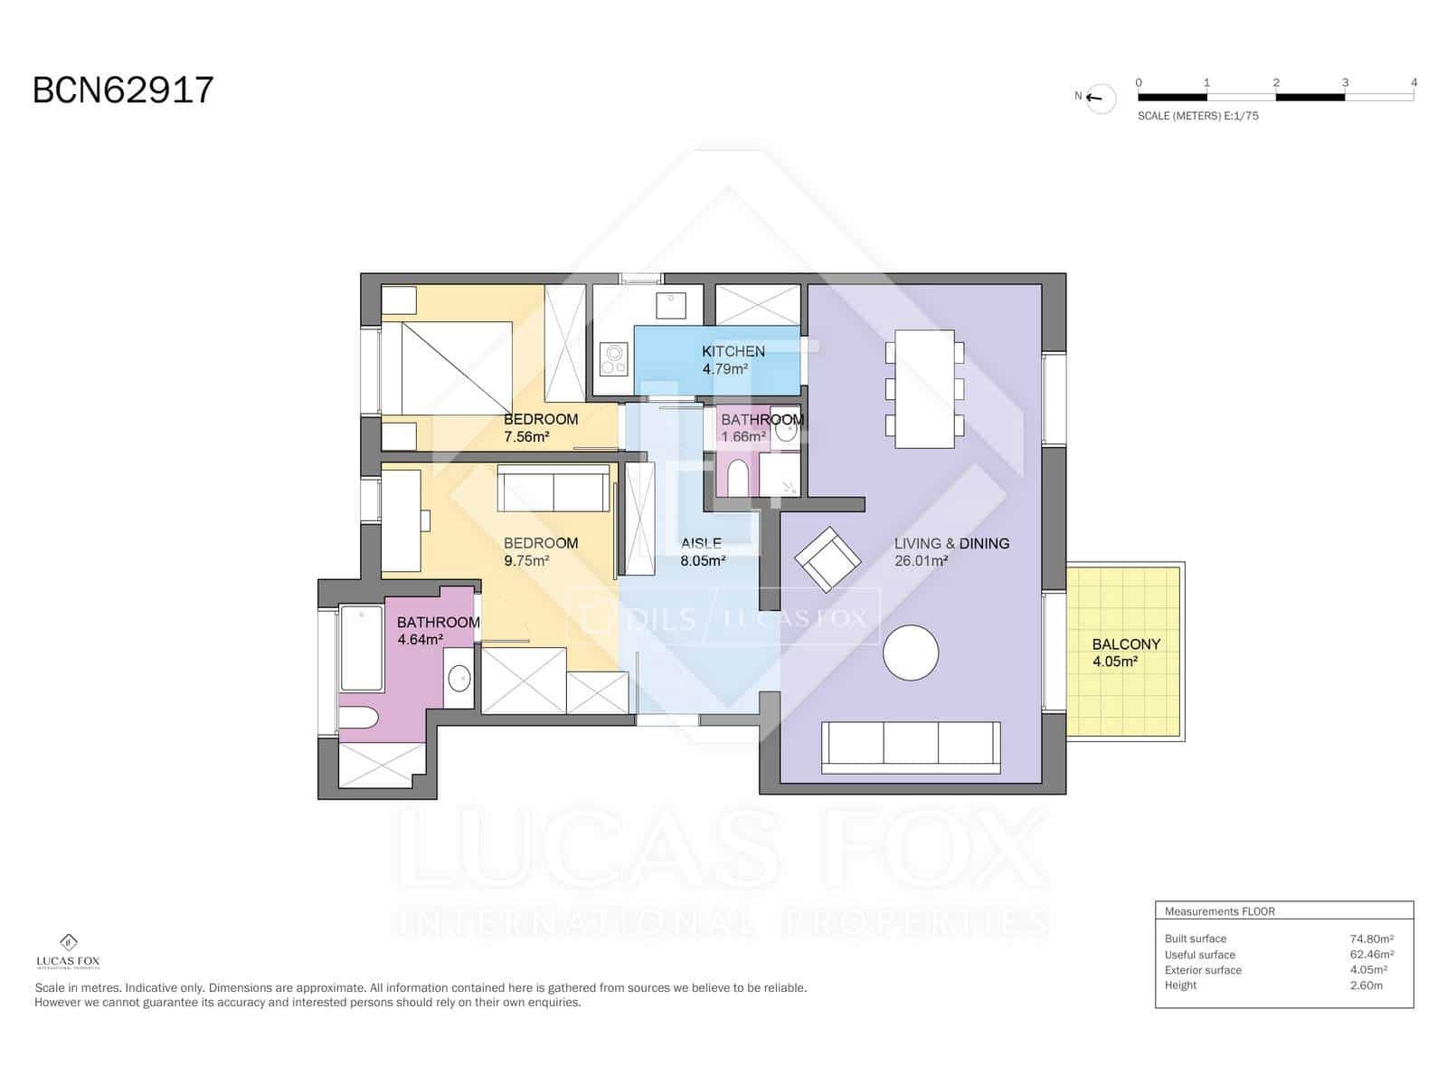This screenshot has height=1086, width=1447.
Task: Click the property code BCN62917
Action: point(123,90)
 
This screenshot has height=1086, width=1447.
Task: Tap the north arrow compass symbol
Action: point(1101,98)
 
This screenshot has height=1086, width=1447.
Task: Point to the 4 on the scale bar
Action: point(1414,82)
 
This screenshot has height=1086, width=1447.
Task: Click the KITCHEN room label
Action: point(733,351)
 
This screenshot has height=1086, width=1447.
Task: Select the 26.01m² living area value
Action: point(921,561)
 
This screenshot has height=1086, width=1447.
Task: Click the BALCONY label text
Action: point(1125,644)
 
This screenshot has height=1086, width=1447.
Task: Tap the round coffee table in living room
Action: point(911,653)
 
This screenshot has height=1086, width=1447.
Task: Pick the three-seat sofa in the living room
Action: point(911,747)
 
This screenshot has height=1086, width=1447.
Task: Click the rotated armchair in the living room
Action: point(828,558)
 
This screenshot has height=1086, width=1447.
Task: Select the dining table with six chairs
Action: point(924,389)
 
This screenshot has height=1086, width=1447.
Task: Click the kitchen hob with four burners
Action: point(613,358)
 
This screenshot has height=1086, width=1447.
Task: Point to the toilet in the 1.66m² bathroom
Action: point(738,478)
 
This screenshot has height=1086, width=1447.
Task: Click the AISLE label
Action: point(701,543)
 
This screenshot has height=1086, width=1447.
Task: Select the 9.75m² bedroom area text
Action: point(526,561)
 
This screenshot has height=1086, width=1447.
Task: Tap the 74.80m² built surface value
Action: point(1371,938)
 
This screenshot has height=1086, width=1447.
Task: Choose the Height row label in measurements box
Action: point(1180,986)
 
